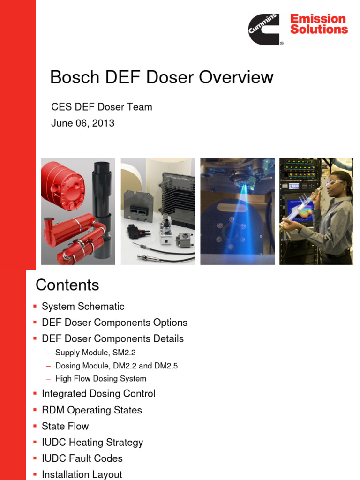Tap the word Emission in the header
[318, 19]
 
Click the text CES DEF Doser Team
[102, 107]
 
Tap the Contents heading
[67, 285]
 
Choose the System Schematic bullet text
[83, 307]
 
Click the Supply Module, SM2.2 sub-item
[95, 352]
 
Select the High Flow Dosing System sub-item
[101, 378]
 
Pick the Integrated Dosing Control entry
[98, 394]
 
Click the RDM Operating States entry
[92, 410]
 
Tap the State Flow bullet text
[65, 426]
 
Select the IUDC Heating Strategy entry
[92, 442]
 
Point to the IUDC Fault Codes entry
[82, 458]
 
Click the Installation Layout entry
[82, 474]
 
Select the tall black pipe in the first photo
[102, 197]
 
